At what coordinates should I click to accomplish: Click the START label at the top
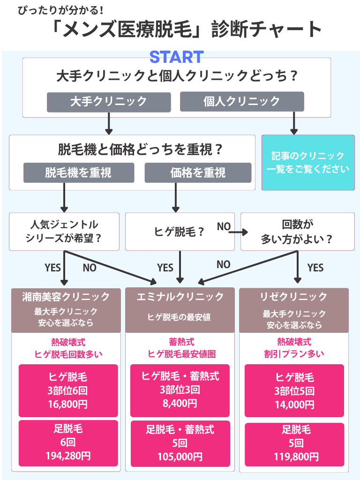(x=176, y=57)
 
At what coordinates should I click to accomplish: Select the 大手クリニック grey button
(x=108, y=102)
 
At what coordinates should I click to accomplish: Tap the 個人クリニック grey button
(x=242, y=102)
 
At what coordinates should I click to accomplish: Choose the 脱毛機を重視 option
(x=78, y=172)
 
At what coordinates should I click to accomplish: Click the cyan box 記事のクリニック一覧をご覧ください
(x=308, y=163)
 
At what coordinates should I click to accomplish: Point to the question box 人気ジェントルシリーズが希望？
(x=65, y=231)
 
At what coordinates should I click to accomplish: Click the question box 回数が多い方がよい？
(x=297, y=231)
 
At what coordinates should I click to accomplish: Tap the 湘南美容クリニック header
(x=66, y=297)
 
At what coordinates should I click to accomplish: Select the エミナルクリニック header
(x=180, y=297)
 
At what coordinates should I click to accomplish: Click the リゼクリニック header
(x=294, y=297)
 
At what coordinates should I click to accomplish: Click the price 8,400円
(x=180, y=403)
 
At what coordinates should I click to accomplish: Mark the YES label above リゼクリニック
(x=315, y=268)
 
